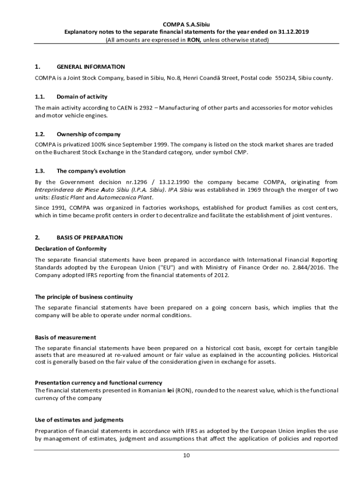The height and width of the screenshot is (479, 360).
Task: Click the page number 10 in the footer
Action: tap(186, 456)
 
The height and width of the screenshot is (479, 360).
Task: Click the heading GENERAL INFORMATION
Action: tap(91, 67)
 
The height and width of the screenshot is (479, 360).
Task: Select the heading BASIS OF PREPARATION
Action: tap(90, 238)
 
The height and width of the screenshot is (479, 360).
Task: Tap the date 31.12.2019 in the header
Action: tap(294, 32)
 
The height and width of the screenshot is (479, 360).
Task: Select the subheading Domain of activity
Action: tap(82, 97)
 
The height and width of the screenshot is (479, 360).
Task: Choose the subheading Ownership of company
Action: tap(88, 134)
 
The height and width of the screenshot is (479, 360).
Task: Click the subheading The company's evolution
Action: tap(91, 171)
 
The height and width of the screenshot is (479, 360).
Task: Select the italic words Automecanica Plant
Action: tap(132, 197)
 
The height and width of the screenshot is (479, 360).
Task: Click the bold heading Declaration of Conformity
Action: tap(71, 248)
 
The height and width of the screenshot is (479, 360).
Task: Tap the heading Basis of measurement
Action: tap(65, 337)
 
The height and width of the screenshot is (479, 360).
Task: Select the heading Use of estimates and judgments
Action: tap(79, 420)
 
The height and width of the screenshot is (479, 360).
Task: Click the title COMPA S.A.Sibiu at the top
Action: tap(186, 24)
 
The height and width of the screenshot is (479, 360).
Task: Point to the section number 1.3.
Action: tap(40, 171)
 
